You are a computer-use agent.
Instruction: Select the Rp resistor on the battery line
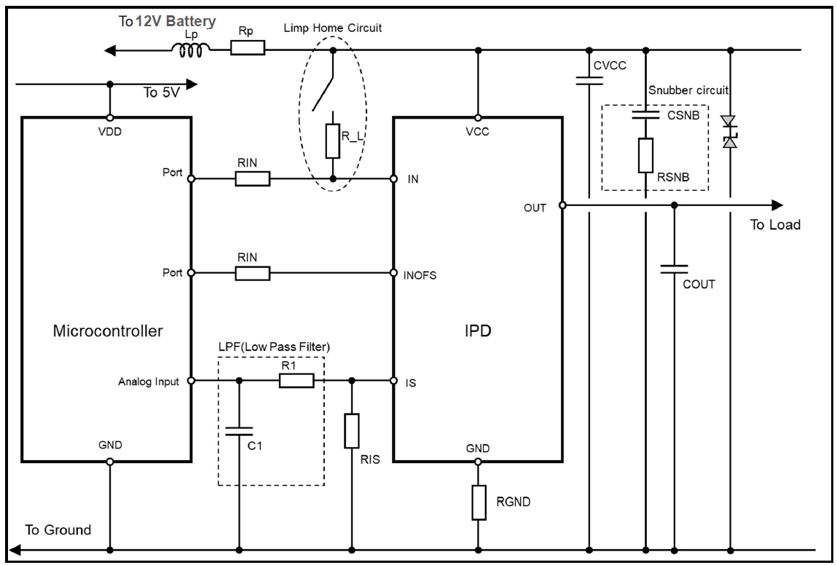coord(248,49)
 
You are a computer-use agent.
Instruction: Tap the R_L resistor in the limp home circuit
coord(333,141)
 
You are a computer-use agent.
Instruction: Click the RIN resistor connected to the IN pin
coord(253,178)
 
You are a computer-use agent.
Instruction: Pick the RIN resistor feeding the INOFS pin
coord(253,273)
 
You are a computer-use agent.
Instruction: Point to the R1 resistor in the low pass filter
coord(296,380)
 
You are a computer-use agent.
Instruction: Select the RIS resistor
coord(352,431)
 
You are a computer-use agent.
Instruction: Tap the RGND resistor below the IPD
coord(478,503)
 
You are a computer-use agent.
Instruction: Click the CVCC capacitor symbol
coord(589,79)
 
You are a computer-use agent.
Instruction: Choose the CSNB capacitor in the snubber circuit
coord(645,115)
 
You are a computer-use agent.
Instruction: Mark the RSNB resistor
coord(645,155)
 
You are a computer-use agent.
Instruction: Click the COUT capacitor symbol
coord(674,269)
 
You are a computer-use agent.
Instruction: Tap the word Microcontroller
coord(108,331)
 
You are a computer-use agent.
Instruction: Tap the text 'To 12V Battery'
coord(167,22)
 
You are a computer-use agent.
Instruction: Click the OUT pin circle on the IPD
coord(562,205)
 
